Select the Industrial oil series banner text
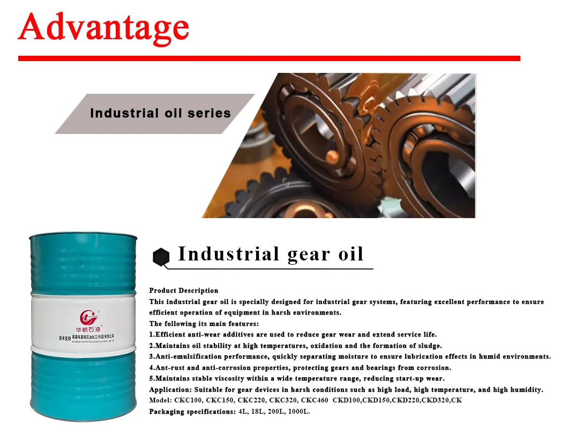tap(160, 114)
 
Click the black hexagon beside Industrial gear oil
tap(161, 257)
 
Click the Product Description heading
tap(184, 290)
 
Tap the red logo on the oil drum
tap(88, 316)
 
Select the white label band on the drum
tap(83, 322)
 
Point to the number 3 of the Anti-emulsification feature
tap(151, 356)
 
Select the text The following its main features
tap(204, 324)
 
